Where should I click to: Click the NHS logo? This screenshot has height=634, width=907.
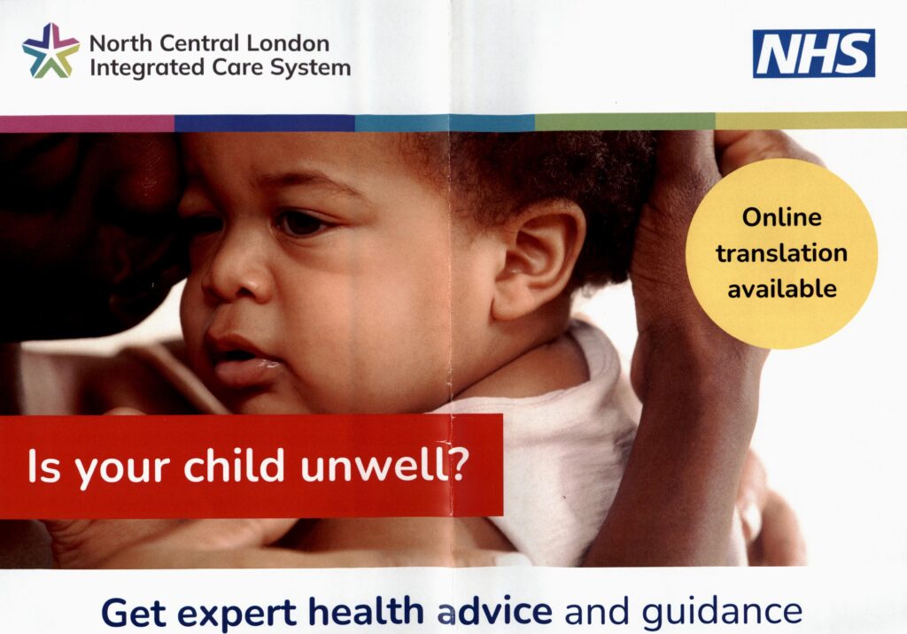tap(813, 53)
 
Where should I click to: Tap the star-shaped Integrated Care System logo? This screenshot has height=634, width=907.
tap(50, 51)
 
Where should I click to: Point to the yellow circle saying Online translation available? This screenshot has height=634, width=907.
tap(781, 253)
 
